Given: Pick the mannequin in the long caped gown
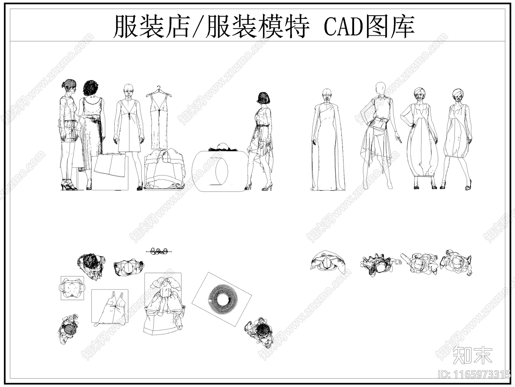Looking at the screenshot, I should pyautogui.click(x=328, y=142).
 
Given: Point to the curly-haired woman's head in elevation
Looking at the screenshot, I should pyautogui.click(x=92, y=88).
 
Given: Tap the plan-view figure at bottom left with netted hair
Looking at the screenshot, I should pyautogui.click(x=69, y=329).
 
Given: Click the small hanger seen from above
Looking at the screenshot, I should pyautogui.click(x=159, y=251).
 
